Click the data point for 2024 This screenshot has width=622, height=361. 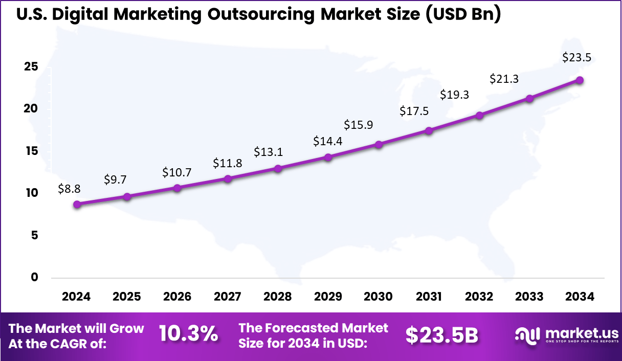tap(77, 204)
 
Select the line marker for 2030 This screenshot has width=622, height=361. tap(379, 145)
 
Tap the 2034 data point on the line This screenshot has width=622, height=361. tap(580, 80)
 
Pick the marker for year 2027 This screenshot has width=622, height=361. tap(228, 178)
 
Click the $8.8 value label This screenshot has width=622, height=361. tap(69, 189)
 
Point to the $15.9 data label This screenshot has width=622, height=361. tap(358, 124)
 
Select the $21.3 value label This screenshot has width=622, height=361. tap(504, 79)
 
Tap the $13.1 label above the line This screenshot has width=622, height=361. tap(268, 152)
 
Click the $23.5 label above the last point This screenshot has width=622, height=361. tap(576, 58)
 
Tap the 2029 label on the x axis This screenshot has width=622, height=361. tap(328, 297)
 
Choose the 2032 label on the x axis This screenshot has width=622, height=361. tap(479, 297)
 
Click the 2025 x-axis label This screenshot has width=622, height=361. tap(126, 297)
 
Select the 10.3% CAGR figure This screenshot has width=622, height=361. tap(188, 334)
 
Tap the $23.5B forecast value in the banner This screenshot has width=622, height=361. tap(442, 335)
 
